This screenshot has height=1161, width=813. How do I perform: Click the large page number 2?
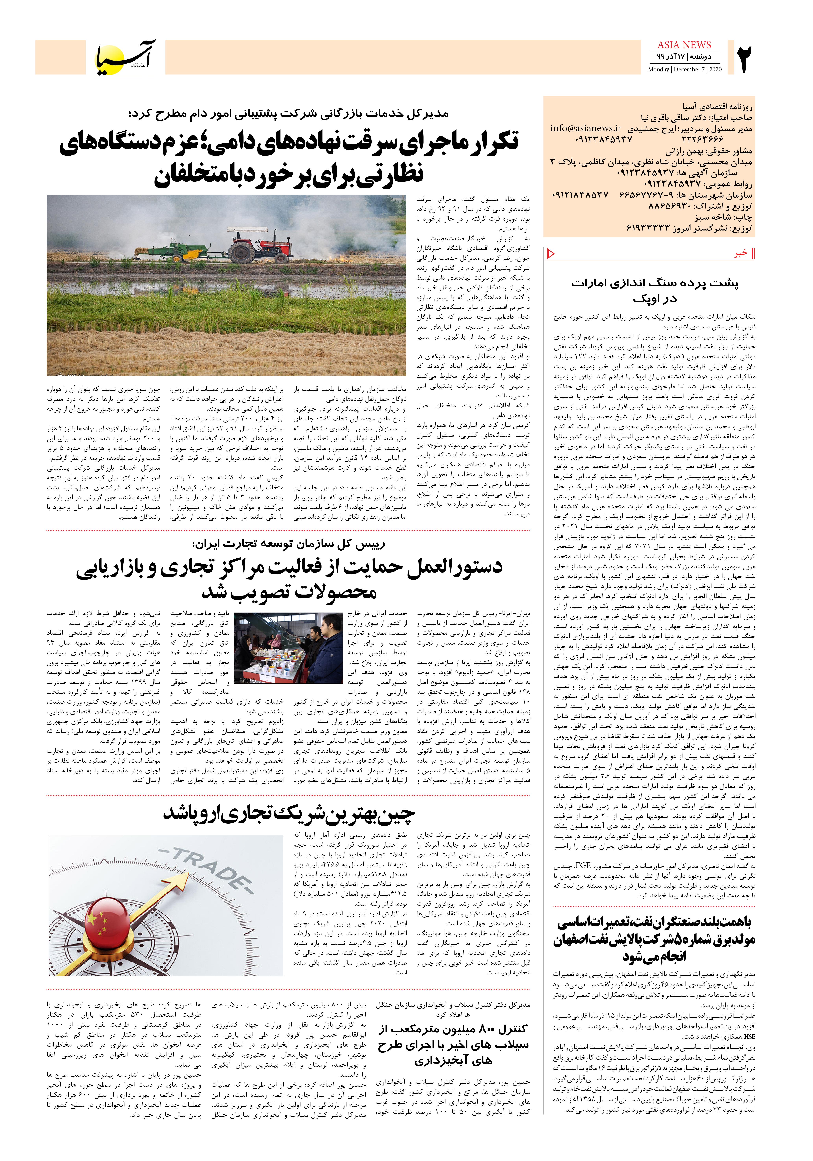(x=744, y=59)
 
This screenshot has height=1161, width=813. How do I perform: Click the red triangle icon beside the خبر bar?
(x=551, y=254)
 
